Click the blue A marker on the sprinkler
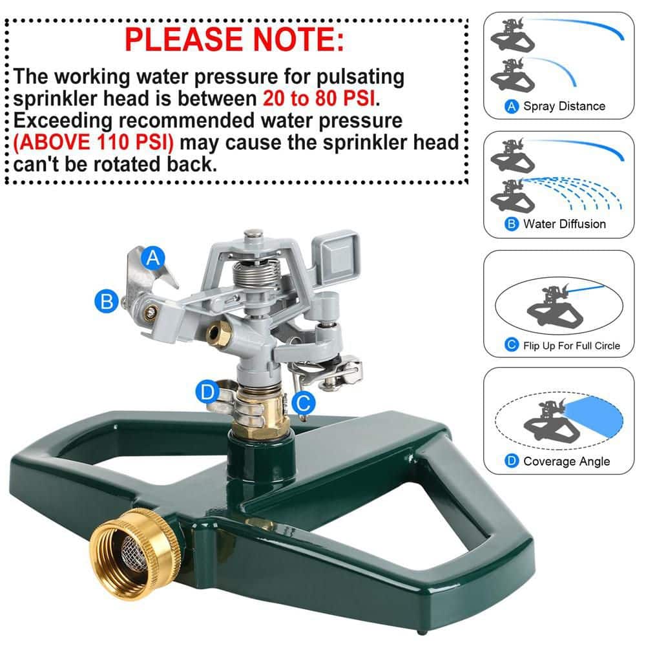tap(153, 258)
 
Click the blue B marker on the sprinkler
tap(106, 301)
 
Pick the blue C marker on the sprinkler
tap(303, 404)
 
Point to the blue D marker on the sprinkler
tap(207, 391)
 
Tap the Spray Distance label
tap(564, 107)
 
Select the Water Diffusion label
tap(564, 224)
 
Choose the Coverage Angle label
tap(566, 461)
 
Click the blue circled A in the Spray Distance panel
tap(512, 107)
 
